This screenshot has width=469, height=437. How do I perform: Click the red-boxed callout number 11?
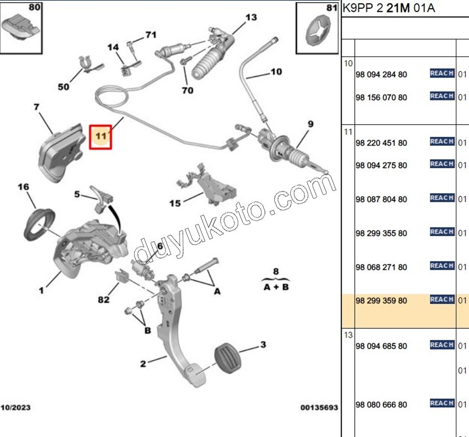pyautogui.click(x=101, y=136)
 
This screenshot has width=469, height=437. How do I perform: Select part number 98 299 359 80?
pyautogui.click(x=381, y=301)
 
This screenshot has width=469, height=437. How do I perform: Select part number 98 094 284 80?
pyautogui.click(x=381, y=74)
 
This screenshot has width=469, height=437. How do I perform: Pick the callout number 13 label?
pyautogui.click(x=251, y=18)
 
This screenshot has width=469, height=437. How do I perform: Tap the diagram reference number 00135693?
pyautogui.click(x=318, y=408)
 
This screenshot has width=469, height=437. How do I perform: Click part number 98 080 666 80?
pyautogui.click(x=381, y=404)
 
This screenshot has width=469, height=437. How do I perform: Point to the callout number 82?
pyautogui.click(x=103, y=300)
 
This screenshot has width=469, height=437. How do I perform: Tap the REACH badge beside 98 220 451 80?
pyautogui.click(x=442, y=142)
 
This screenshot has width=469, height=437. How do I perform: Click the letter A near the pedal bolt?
pyautogui.click(x=217, y=291)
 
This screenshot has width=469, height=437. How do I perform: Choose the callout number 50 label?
pyautogui.click(x=63, y=87)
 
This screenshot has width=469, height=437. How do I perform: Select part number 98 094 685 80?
pyautogui.click(x=381, y=346)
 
